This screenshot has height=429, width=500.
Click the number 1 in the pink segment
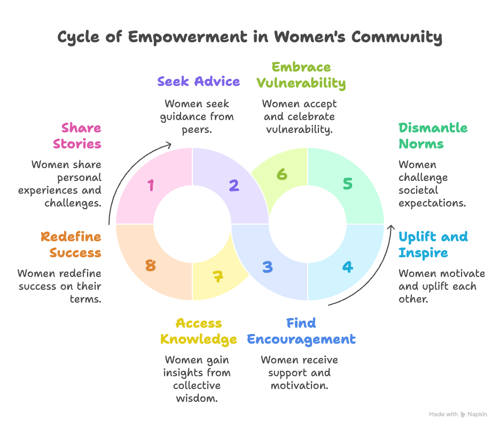tap(151, 185)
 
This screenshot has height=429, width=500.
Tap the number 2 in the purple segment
tap(233, 185)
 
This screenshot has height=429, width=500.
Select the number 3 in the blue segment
tap(268, 266)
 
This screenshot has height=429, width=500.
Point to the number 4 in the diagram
tap(348, 266)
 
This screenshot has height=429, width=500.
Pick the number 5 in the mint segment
tap(348, 184)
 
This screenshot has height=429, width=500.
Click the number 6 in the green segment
tap(282, 174)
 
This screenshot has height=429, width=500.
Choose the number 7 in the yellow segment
tap(217, 276)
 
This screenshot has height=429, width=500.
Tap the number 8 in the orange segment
tap(151, 265)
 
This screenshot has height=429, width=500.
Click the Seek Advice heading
tap(198, 81)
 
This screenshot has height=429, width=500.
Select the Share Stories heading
tap(81, 136)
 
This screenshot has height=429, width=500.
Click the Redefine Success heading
tap(71, 244)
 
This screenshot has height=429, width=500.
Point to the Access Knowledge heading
tap(199, 331)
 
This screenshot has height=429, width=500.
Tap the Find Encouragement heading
tap(301, 331)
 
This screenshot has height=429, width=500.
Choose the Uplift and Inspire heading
tap(433, 244)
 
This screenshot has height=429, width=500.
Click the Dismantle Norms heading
tap(433, 136)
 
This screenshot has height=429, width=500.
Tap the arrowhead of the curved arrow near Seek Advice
tap(169, 144)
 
